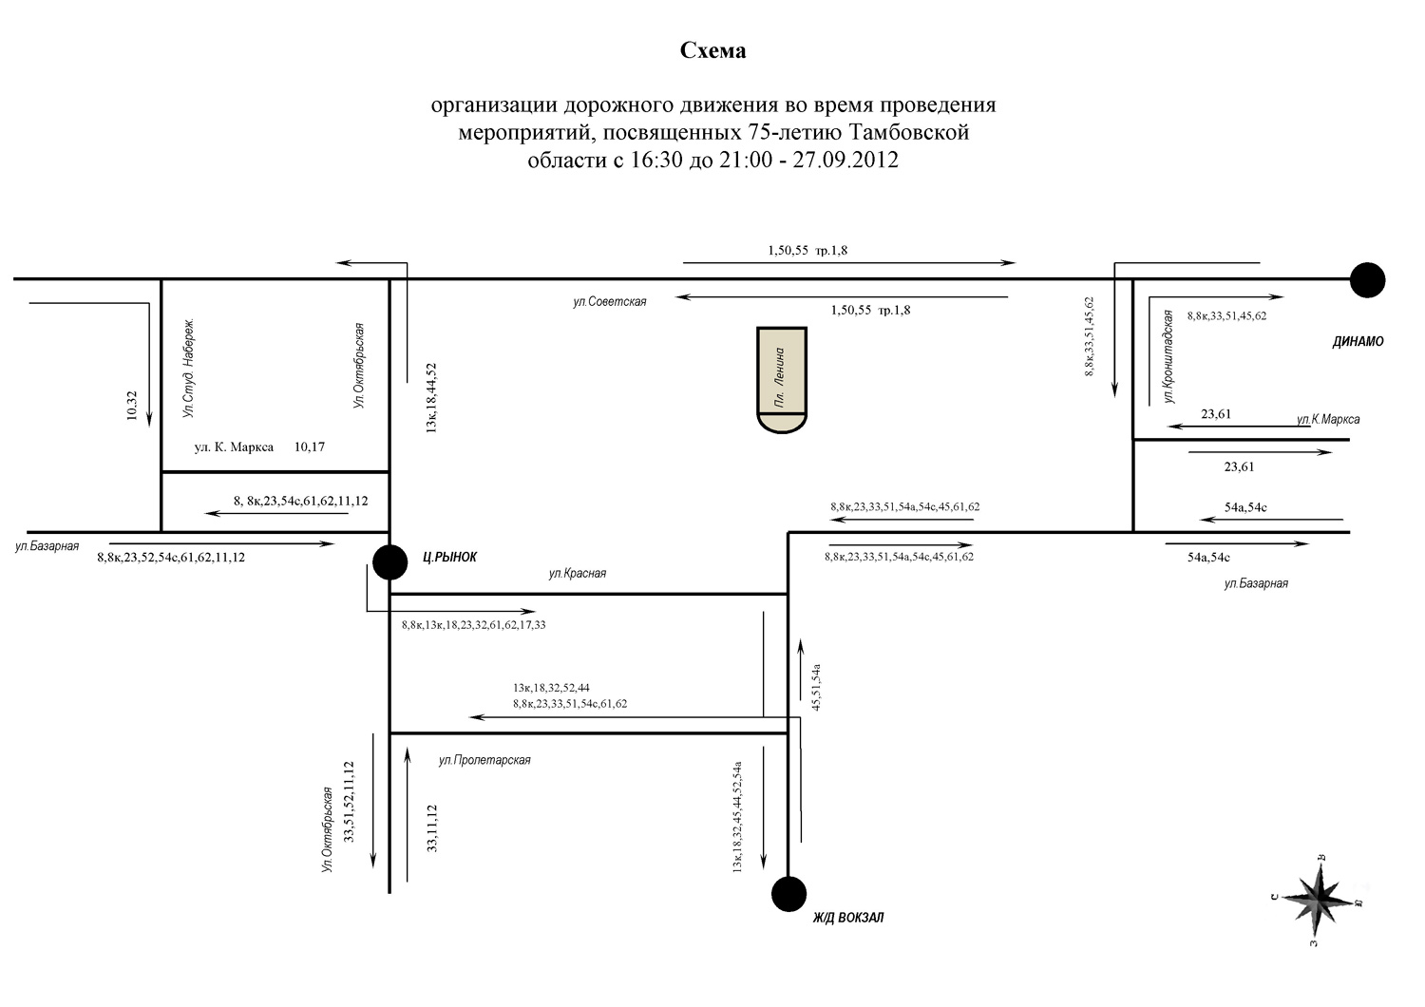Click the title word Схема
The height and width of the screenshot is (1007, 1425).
pyautogui.click(x=712, y=50)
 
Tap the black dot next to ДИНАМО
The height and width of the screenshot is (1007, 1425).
pyautogui.click(x=1367, y=280)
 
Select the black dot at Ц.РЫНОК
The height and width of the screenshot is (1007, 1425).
pyautogui.click(x=389, y=561)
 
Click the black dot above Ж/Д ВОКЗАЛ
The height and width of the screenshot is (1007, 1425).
pyautogui.click(x=788, y=894)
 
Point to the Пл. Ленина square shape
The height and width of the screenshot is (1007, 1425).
pyautogui.click(x=782, y=380)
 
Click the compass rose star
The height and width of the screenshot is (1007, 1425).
pyautogui.click(x=1319, y=898)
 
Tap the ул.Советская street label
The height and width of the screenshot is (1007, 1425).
pyautogui.click(x=610, y=301)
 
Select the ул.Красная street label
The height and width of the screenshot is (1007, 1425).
pyautogui.click(x=577, y=573)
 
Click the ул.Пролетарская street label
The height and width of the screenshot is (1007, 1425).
pyautogui.click(x=484, y=760)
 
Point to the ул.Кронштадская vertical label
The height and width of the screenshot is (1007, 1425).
pyautogui.click(x=1168, y=356)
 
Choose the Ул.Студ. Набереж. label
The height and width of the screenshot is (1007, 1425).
pyautogui.click(x=188, y=368)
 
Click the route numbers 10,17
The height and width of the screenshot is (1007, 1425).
pyautogui.click(x=309, y=447)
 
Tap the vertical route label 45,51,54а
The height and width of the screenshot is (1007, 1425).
pyautogui.click(x=816, y=687)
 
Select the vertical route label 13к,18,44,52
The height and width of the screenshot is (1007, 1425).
pyautogui.click(x=431, y=398)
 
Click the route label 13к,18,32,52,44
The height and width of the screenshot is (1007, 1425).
pyautogui.click(x=551, y=688)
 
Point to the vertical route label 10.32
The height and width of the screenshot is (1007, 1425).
pyautogui.click(x=132, y=406)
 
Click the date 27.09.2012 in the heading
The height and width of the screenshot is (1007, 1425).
pyautogui.click(x=845, y=159)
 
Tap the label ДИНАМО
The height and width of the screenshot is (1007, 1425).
pyautogui.click(x=1358, y=342)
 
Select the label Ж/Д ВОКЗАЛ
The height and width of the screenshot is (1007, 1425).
pyautogui.click(x=848, y=918)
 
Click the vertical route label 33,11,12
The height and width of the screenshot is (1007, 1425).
pyautogui.click(x=432, y=828)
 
